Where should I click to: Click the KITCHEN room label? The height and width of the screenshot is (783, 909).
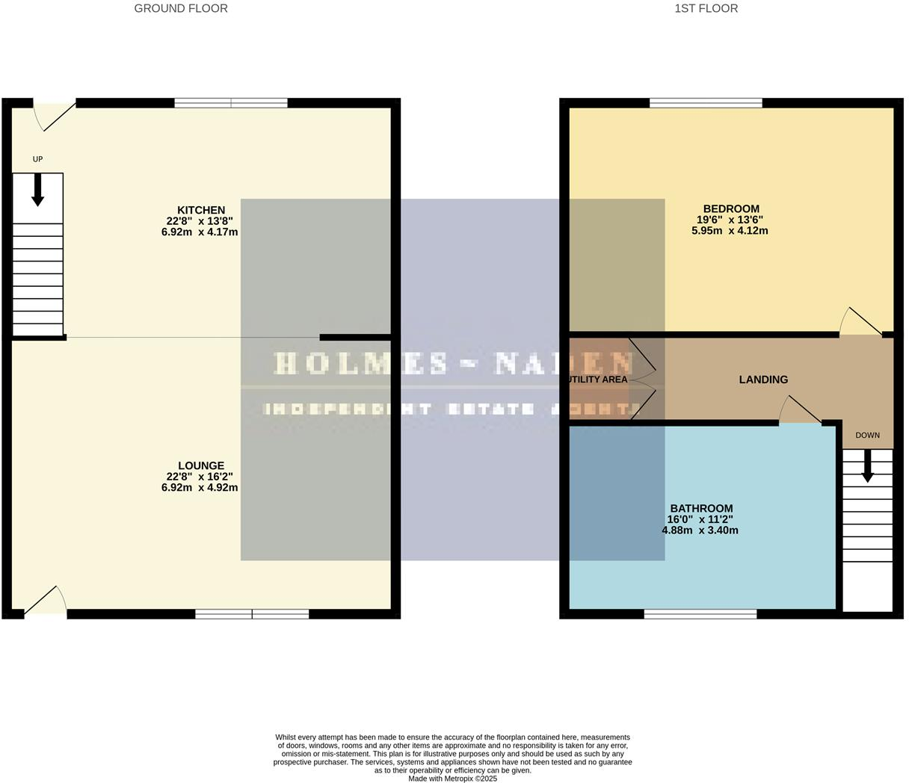(200, 210)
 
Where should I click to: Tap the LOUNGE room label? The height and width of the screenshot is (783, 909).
(200, 465)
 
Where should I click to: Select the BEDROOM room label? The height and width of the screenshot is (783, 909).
(730, 209)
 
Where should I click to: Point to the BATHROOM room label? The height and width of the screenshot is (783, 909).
(700, 509)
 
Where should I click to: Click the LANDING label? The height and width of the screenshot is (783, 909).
(763, 380)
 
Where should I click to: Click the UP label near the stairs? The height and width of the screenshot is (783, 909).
(37, 159)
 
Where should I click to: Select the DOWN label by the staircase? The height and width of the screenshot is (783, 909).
(867, 435)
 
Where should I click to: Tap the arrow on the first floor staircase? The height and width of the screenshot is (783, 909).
(867, 467)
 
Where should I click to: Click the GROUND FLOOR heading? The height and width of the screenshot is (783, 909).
(181, 9)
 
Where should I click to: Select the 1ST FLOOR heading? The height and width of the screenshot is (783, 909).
(706, 9)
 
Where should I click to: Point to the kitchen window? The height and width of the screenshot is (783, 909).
(231, 103)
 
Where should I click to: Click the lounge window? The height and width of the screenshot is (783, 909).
(252, 614)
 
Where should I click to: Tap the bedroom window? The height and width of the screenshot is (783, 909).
(706, 103)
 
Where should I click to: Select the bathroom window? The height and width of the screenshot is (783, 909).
(700, 614)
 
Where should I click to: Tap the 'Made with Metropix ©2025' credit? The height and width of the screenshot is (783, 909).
(452, 779)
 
